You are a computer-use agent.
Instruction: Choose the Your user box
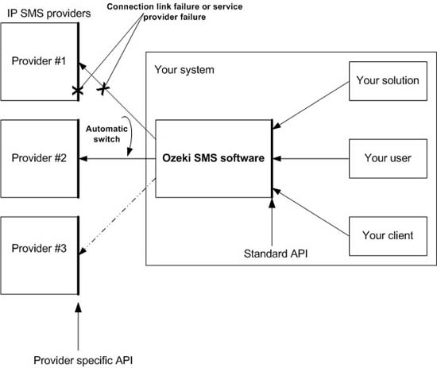tap(387, 158)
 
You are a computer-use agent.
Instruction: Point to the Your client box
tap(387, 235)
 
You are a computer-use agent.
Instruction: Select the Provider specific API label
tap(77, 360)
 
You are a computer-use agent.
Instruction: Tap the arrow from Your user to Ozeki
tap(310, 159)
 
